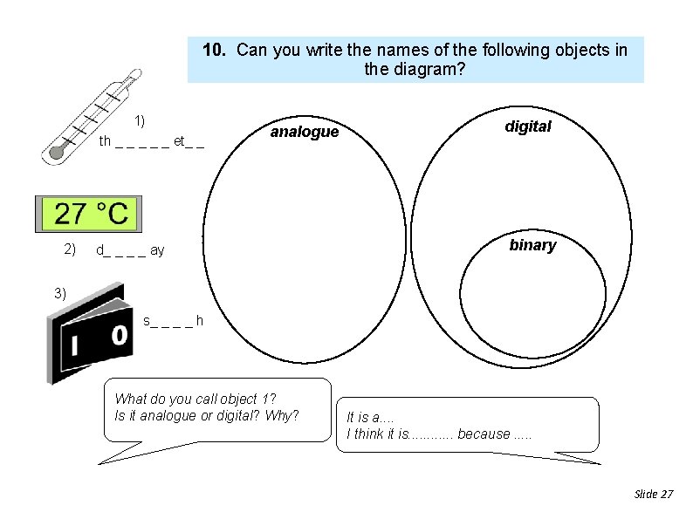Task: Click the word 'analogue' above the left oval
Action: tap(304, 132)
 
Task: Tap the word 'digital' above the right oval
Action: tap(528, 126)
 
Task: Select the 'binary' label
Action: tap(532, 245)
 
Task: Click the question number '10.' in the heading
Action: tap(216, 50)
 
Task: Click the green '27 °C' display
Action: tap(90, 213)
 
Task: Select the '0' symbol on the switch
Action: tap(119, 335)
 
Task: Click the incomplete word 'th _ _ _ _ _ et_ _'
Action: tap(151, 141)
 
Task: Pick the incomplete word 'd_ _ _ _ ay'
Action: tap(130, 251)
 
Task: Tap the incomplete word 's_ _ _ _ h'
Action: tap(173, 321)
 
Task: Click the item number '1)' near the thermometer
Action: tap(140, 120)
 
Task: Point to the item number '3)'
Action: tap(59, 293)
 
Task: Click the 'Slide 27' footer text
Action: tap(654, 494)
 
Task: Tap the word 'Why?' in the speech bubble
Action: tap(282, 415)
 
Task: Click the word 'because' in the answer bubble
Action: tap(484, 434)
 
